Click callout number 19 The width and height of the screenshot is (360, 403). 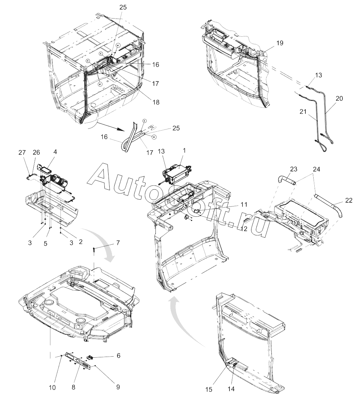[280, 43]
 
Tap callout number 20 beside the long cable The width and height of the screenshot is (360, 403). [339, 98]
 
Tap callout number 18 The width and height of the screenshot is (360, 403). [156, 102]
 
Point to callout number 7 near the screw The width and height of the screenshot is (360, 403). [118, 243]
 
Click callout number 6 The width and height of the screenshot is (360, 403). [118, 356]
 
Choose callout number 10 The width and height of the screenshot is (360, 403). [52, 388]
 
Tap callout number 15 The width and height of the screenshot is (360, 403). [209, 389]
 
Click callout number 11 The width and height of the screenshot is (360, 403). [244, 204]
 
